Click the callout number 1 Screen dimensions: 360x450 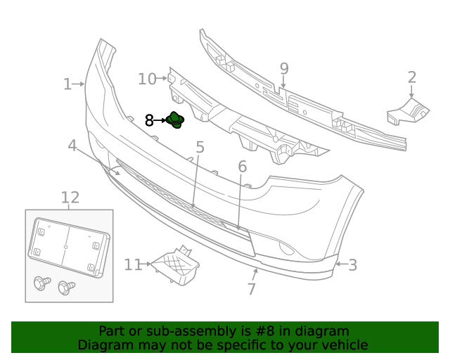(67, 85)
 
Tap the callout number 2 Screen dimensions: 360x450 (412, 78)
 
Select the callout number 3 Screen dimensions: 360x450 (352, 265)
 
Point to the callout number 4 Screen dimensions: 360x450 (72, 146)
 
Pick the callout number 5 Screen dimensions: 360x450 (200, 148)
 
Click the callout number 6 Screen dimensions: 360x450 (242, 167)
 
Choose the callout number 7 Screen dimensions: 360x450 (251, 289)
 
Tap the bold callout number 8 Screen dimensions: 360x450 (149, 121)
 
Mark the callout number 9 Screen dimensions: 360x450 (284, 69)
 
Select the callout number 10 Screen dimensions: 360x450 (147, 79)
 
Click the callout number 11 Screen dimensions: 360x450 (133, 265)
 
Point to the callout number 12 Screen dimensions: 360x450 (70, 198)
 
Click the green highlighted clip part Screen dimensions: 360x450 (175, 121)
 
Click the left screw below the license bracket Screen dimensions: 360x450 (41, 284)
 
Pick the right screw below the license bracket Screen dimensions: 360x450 (66, 287)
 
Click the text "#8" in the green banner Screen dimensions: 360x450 (280, 331)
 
